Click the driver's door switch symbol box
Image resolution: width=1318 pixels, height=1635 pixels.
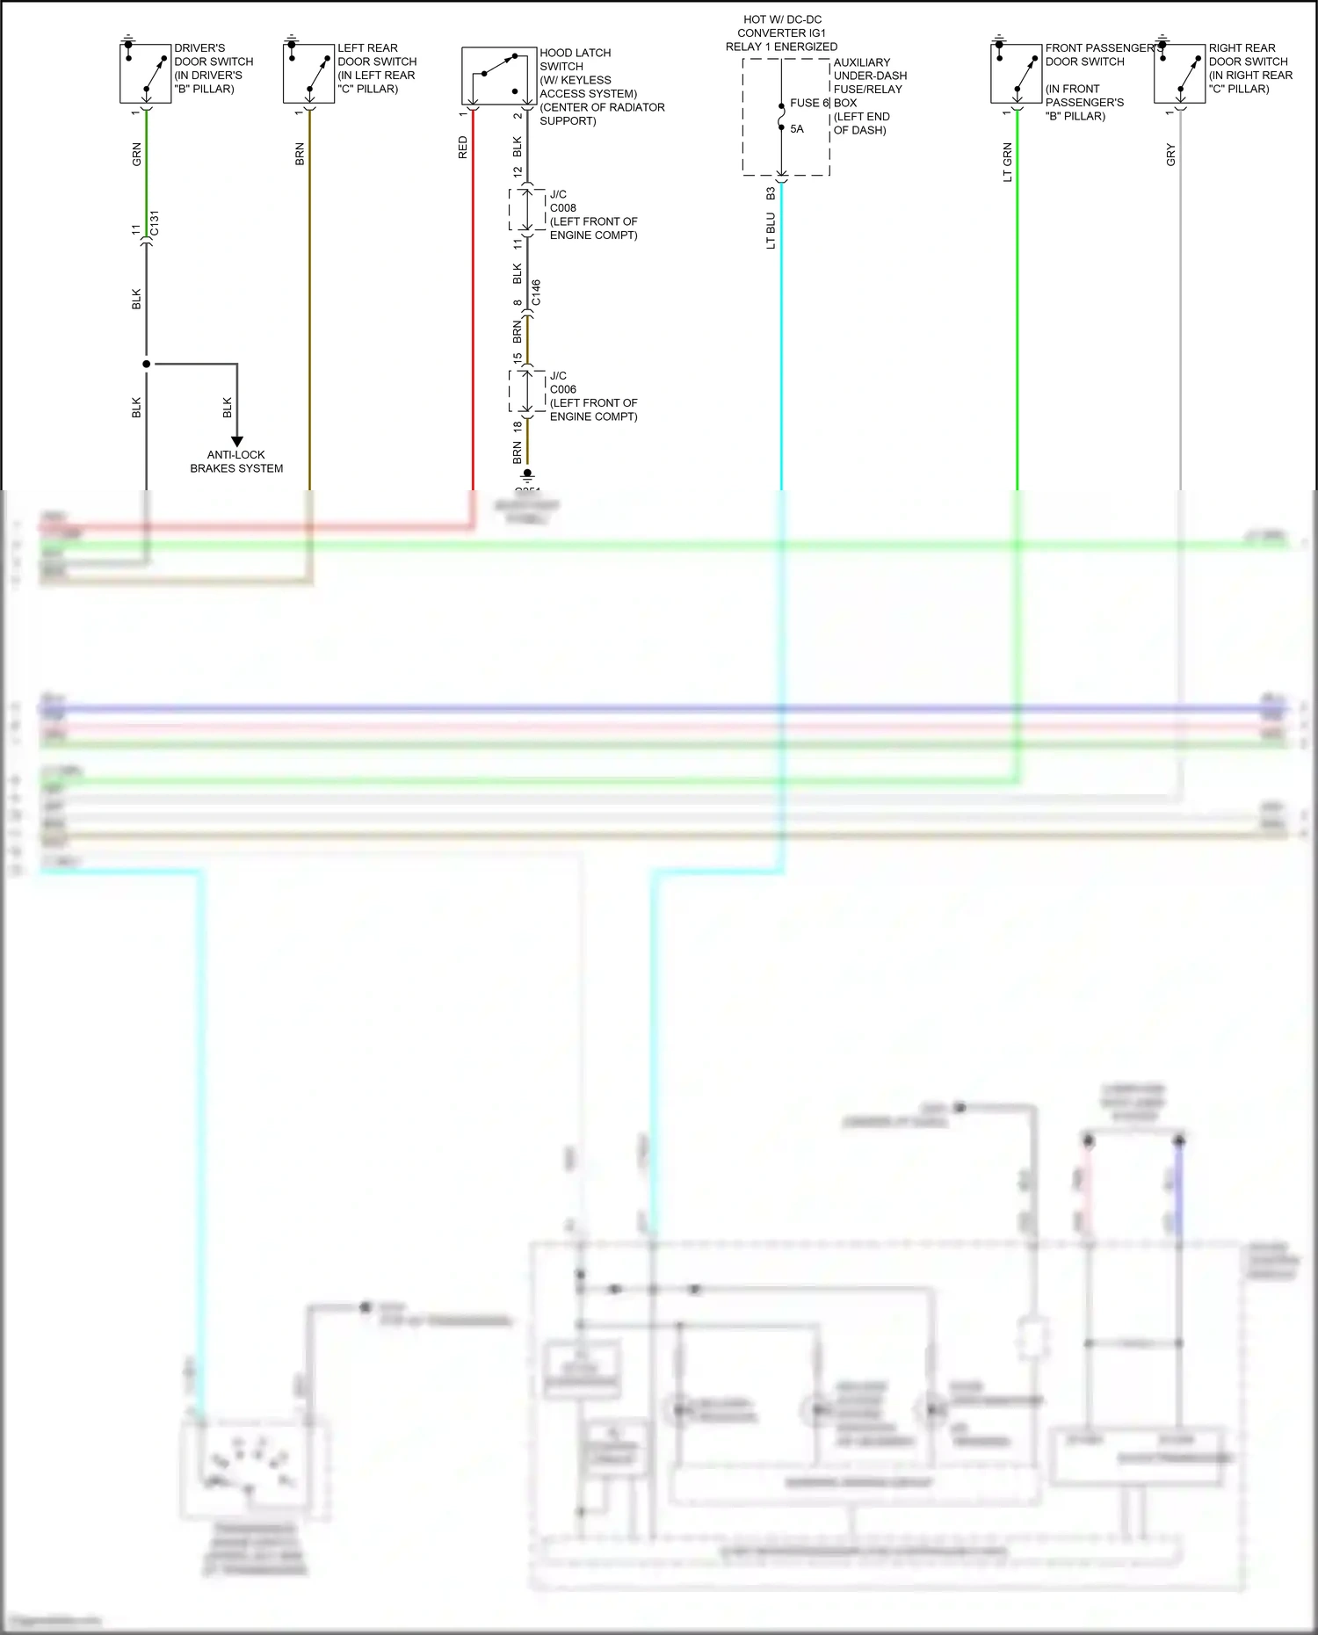[x=145, y=74]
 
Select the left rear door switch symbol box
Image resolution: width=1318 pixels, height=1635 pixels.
[x=308, y=74]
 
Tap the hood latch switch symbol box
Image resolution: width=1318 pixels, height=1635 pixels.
[x=498, y=76]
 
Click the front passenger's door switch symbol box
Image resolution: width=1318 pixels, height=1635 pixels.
[x=1016, y=74]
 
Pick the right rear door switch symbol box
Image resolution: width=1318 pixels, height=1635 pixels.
[x=1179, y=74]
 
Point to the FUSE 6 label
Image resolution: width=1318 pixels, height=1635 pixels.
[x=809, y=103]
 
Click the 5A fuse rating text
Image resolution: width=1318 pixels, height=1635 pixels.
[x=797, y=129]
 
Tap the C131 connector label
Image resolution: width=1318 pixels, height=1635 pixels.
[x=155, y=223]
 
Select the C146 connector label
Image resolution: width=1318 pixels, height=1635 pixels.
[x=536, y=293]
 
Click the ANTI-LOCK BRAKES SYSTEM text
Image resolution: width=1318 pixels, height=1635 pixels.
[x=236, y=461]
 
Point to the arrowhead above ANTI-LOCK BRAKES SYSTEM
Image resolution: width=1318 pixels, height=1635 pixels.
[x=236, y=442]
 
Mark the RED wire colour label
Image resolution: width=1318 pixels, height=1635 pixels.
[x=463, y=148]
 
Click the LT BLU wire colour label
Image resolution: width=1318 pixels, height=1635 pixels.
[x=771, y=231]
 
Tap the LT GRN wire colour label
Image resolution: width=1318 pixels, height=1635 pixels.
[x=1007, y=163]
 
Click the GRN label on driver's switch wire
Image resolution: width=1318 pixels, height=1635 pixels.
[x=136, y=156]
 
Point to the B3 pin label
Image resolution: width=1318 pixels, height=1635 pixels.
[x=771, y=192]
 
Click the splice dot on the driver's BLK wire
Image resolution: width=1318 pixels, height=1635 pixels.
[x=146, y=364]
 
